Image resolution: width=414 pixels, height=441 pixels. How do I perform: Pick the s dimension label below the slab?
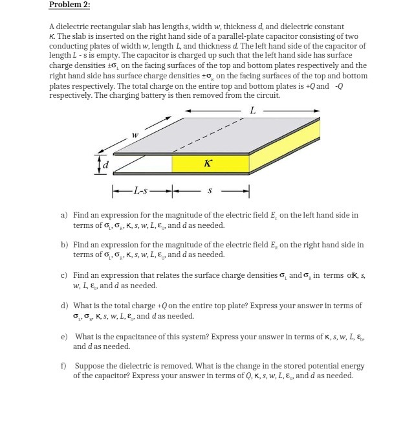[209, 190]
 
